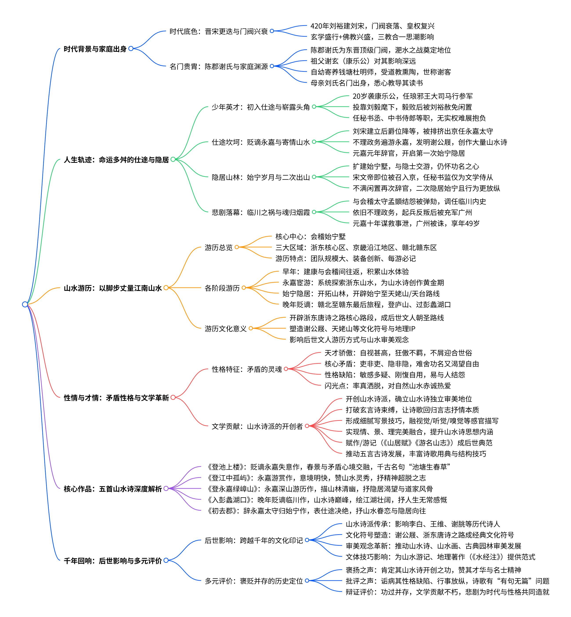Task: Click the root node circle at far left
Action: pos(25,304)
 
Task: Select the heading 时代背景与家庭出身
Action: pos(95,49)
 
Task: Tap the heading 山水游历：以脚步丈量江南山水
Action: pos(113,288)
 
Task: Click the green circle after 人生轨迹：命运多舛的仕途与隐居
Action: pos(173,159)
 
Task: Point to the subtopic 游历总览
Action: pos(219,247)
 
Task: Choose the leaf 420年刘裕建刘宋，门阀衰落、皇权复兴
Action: pos(372,26)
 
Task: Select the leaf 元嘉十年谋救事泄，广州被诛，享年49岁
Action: pos(416,223)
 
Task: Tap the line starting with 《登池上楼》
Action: pos(328,467)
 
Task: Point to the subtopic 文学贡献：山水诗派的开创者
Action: pos(257,426)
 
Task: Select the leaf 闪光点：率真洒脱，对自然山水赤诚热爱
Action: pos(387,386)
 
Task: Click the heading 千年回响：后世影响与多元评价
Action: pos(113,561)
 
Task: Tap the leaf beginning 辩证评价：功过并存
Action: pos(447,592)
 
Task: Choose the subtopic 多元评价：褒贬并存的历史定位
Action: pos(254,581)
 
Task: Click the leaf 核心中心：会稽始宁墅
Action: pos(310,237)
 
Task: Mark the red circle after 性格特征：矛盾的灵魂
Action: pos(286,369)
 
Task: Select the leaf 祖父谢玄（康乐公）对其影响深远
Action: pos(363,61)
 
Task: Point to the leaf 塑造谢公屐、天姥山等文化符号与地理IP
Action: pos(352,328)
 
